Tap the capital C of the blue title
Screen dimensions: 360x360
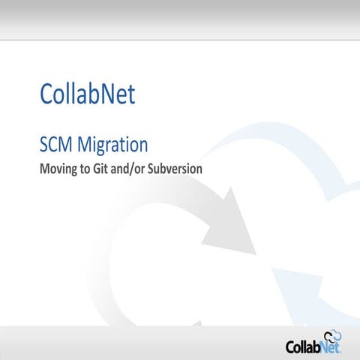click(x=48, y=95)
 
